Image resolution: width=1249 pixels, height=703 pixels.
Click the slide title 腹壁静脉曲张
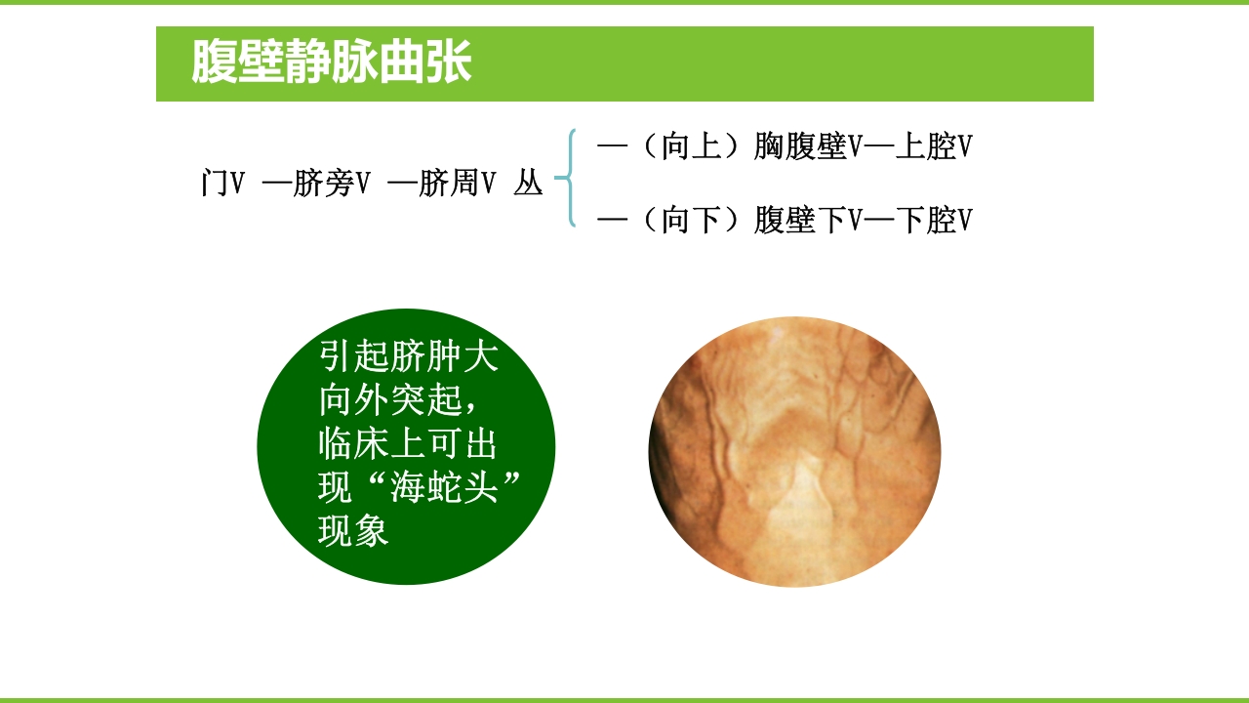tap(331, 63)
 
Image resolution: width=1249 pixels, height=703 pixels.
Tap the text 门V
tap(222, 183)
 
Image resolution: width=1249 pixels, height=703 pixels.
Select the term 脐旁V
tap(331, 183)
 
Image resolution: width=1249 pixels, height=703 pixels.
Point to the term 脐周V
tap(457, 183)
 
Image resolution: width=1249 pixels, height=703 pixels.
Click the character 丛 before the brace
tap(528, 183)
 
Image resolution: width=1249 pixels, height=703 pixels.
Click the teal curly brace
tap(566, 178)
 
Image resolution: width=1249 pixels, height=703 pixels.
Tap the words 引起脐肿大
tap(409, 357)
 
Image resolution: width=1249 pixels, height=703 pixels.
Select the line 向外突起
tap(390, 400)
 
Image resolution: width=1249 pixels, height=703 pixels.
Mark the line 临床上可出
tap(409, 444)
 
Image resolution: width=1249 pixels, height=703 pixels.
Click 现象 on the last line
tap(353, 531)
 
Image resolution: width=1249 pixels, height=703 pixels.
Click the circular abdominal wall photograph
tap(794, 451)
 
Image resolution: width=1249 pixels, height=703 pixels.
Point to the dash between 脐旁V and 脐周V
tap(402, 183)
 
